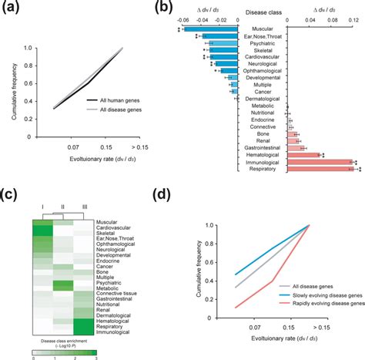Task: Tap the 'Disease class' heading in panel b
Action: (264, 13)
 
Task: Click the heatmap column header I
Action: (42, 207)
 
